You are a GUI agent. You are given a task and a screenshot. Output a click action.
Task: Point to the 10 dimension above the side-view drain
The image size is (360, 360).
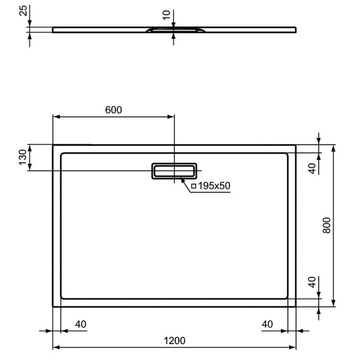pyautogui.click(x=166, y=15)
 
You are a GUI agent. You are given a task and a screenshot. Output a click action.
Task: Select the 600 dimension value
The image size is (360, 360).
pyautogui.click(x=113, y=110)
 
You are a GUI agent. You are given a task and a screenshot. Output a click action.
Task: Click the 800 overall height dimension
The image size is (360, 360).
pyautogui.click(x=326, y=224)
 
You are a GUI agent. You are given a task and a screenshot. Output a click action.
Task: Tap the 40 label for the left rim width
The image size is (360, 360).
pyautogui.click(x=81, y=324)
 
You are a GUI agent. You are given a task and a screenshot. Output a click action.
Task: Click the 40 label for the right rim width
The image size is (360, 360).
pyautogui.click(x=267, y=324)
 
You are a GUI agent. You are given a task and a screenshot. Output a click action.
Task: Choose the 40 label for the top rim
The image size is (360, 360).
pyautogui.click(x=312, y=168)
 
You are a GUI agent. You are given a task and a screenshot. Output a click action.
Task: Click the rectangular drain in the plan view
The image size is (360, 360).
pyautogui.click(x=174, y=171)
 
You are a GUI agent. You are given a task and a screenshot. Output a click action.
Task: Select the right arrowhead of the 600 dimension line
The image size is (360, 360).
pyautogui.click(x=171, y=117)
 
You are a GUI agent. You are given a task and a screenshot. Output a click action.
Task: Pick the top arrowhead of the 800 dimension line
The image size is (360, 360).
pyautogui.click(x=334, y=147)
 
